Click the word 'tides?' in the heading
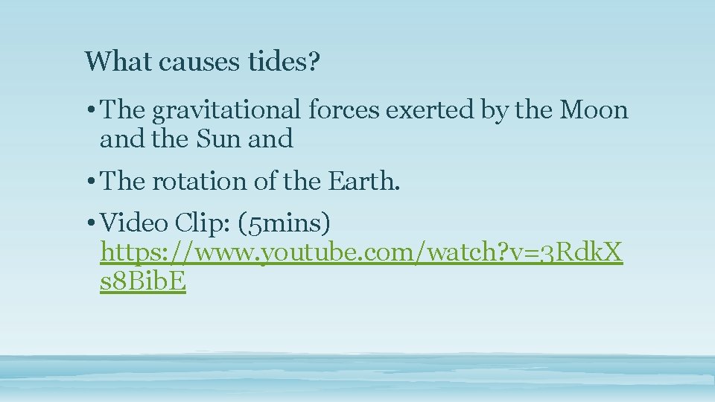click(x=282, y=61)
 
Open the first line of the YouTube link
click(x=362, y=254)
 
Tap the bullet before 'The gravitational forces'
click(x=89, y=111)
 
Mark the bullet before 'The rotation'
click(x=89, y=181)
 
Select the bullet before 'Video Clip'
click(x=89, y=223)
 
